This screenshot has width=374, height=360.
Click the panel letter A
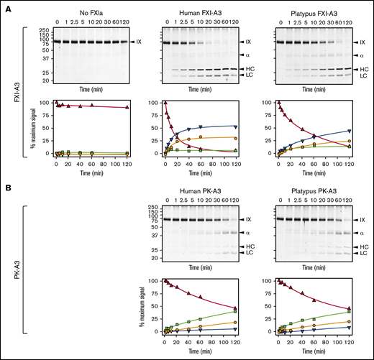[6, 6]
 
